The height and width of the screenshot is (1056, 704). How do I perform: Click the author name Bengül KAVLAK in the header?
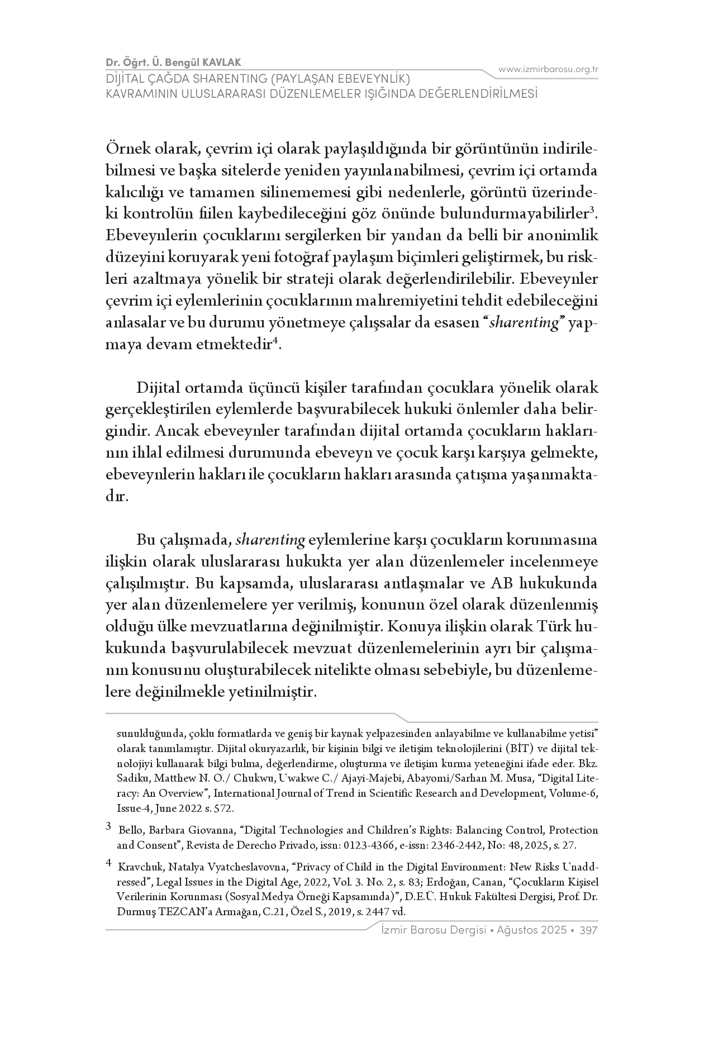212,62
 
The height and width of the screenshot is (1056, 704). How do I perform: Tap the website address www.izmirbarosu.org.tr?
548,69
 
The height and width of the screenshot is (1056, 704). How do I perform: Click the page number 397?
589,930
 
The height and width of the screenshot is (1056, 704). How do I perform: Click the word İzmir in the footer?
392,930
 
